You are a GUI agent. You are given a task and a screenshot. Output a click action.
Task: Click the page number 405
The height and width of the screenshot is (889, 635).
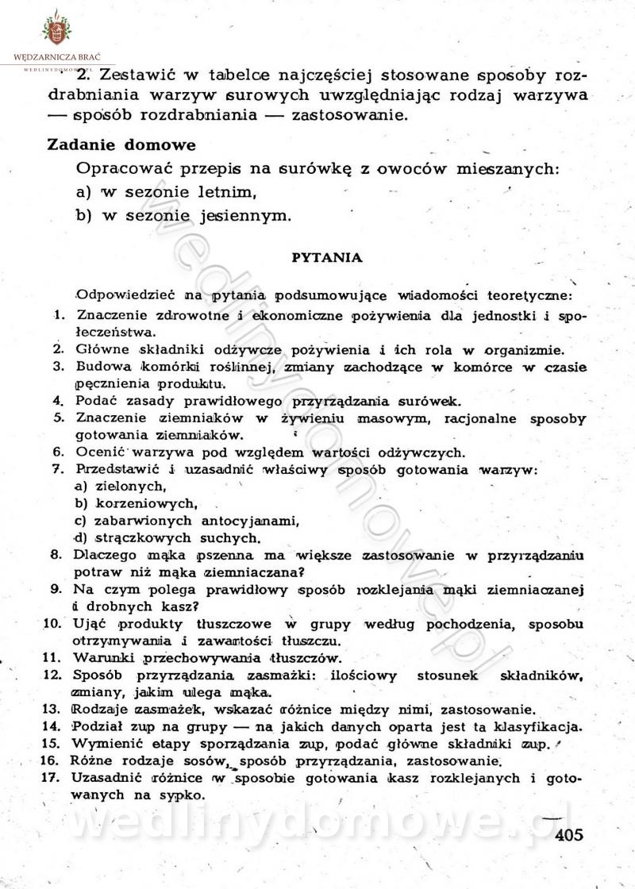click(x=570, y=834)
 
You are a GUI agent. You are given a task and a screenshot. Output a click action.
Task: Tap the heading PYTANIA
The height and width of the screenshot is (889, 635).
click(x=327, y=257)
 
